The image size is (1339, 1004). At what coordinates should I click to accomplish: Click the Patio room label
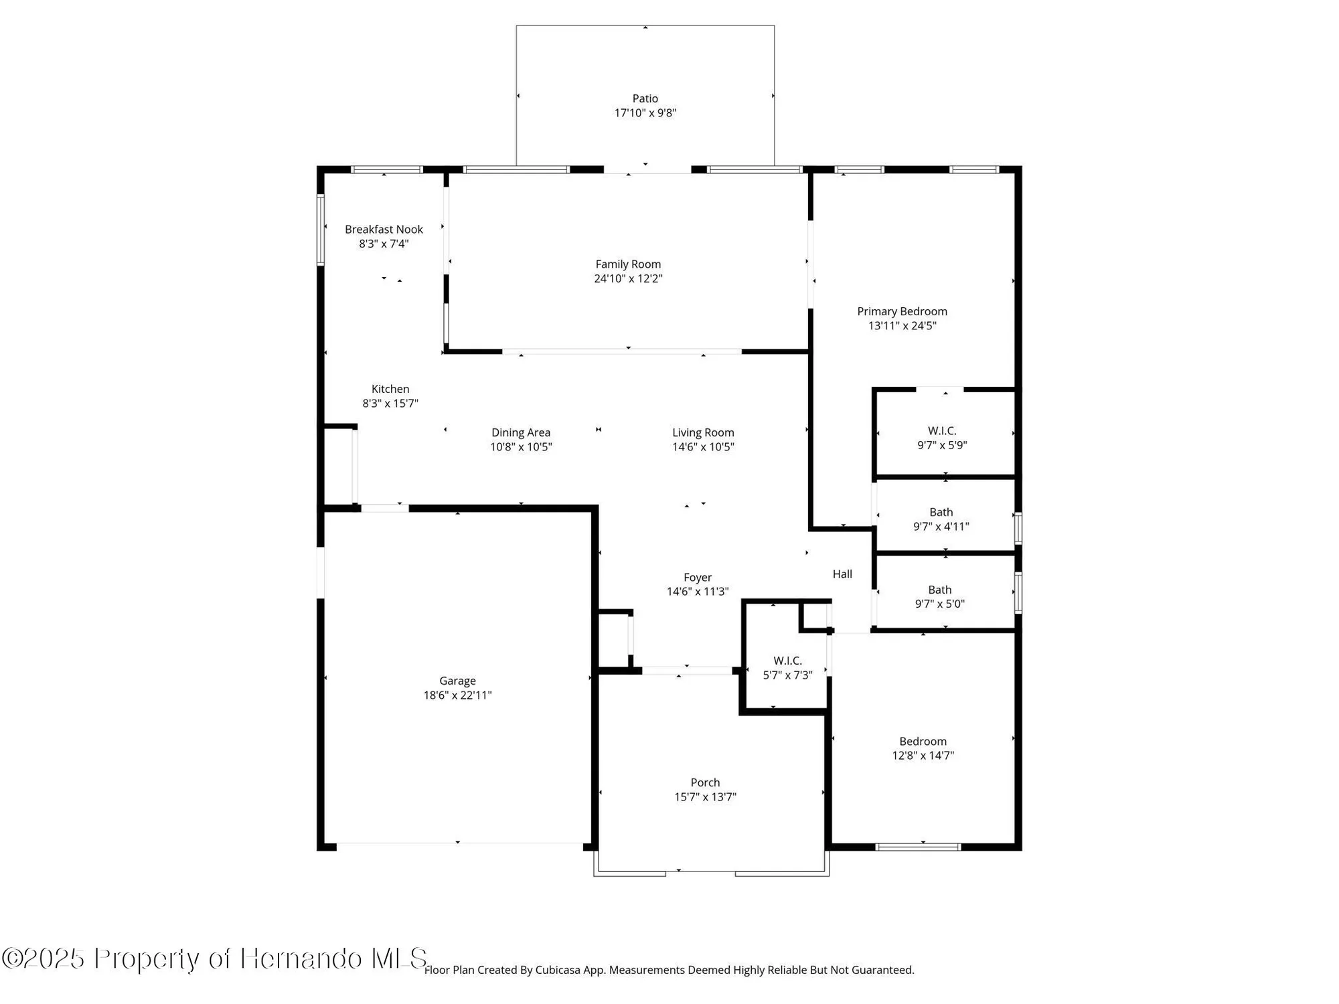[645, 98]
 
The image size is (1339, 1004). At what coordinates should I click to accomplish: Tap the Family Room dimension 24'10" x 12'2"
[628, 278]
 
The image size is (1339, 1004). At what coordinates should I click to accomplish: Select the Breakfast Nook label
[384, 230]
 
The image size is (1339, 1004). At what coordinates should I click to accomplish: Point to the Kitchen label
[390, 389]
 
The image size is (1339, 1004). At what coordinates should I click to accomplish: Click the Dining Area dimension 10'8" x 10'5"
[521, 447]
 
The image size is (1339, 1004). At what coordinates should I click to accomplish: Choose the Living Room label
[703, 432]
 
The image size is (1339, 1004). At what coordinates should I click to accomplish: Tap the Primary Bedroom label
[902, 311]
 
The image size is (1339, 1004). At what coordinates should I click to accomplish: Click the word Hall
[842, 574]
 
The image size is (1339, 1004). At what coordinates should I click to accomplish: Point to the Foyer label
[698, 577]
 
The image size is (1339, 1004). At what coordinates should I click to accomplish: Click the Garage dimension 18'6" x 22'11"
[457, 695]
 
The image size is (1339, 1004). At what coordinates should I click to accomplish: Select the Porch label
[705, 782]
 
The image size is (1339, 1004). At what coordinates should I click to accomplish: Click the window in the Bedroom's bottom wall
[918, 847]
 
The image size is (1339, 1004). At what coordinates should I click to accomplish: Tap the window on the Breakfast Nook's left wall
[321, 230]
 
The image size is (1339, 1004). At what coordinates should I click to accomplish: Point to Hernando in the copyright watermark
[302, 958]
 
